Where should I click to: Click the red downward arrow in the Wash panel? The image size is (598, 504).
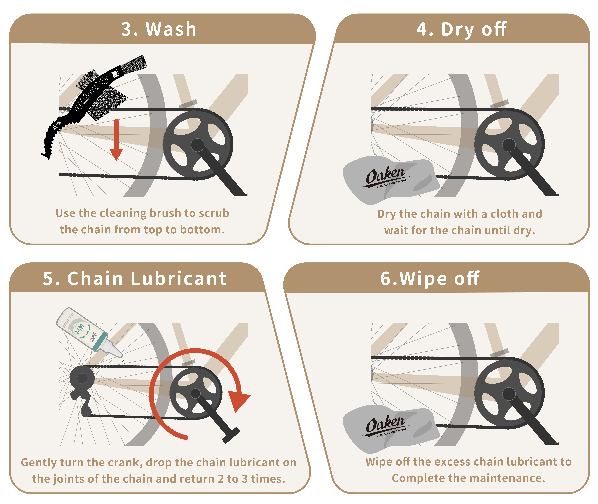click(x=116, y=140)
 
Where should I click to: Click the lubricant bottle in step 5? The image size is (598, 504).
click(x=88, y=331)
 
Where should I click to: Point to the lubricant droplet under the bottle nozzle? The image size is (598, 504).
click(x=123, y=363)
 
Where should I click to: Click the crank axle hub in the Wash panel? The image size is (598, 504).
click(x=198, y=145)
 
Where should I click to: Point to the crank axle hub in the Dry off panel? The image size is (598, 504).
click(x=509, y=145)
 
